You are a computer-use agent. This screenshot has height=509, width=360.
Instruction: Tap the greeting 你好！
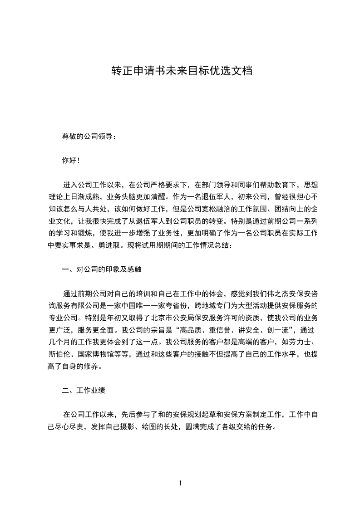click(x=71, y=160)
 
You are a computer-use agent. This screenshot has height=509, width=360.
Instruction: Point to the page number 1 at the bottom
click(x=180, y=483)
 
